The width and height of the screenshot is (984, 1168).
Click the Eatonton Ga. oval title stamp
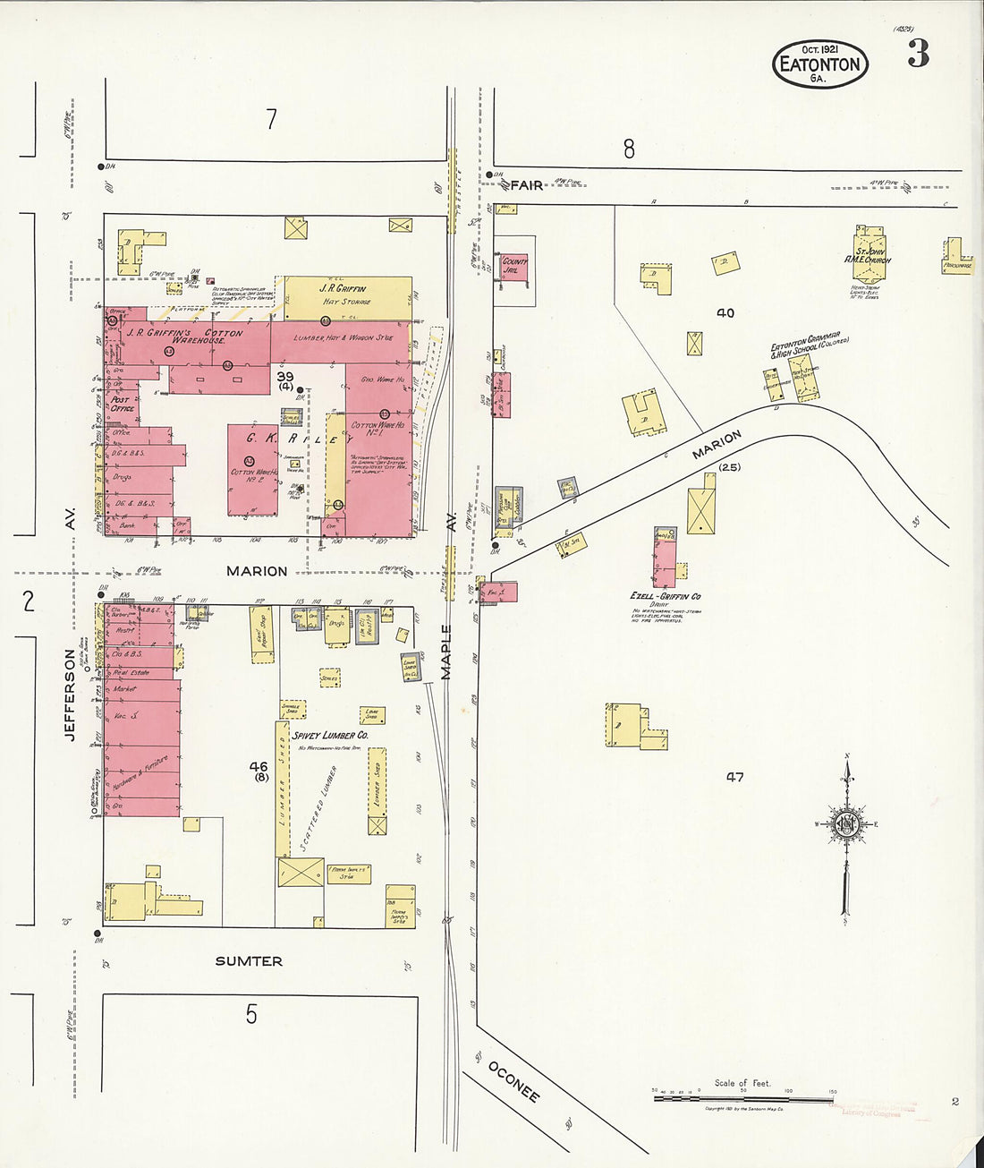pos(819,65)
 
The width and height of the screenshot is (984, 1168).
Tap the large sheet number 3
pos(918,55)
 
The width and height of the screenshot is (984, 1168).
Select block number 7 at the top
pos(272,119)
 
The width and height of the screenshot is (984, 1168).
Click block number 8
pos(629,149)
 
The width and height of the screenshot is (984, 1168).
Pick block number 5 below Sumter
pos(251,1014)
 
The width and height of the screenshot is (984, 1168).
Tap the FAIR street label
pos(527,184)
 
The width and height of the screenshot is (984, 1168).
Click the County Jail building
pos(514,267)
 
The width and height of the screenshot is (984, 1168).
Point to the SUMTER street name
pos(249,961)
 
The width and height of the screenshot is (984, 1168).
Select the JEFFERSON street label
pos(69,695)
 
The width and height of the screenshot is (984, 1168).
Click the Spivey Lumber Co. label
pos(330,735)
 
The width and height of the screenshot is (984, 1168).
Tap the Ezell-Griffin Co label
pos(665,596)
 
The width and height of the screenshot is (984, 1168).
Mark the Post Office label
pos(122,404)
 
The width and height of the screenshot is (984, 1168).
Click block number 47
pos(734,777)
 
